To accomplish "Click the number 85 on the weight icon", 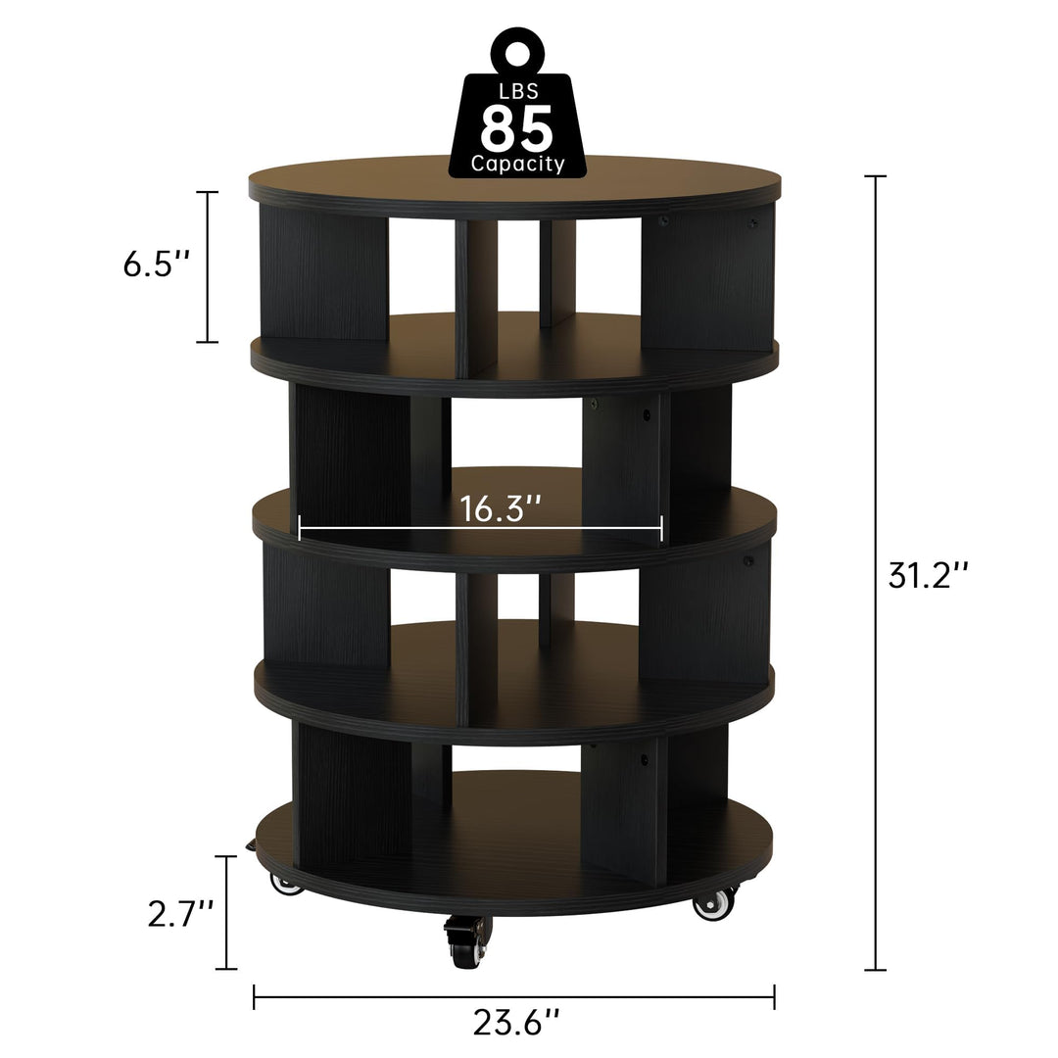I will click(516, 126).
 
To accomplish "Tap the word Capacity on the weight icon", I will click(517, 164).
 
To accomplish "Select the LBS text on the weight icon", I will click(516, 92).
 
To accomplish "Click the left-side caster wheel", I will click(286, 884).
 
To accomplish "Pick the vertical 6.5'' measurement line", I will click(207, 266).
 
